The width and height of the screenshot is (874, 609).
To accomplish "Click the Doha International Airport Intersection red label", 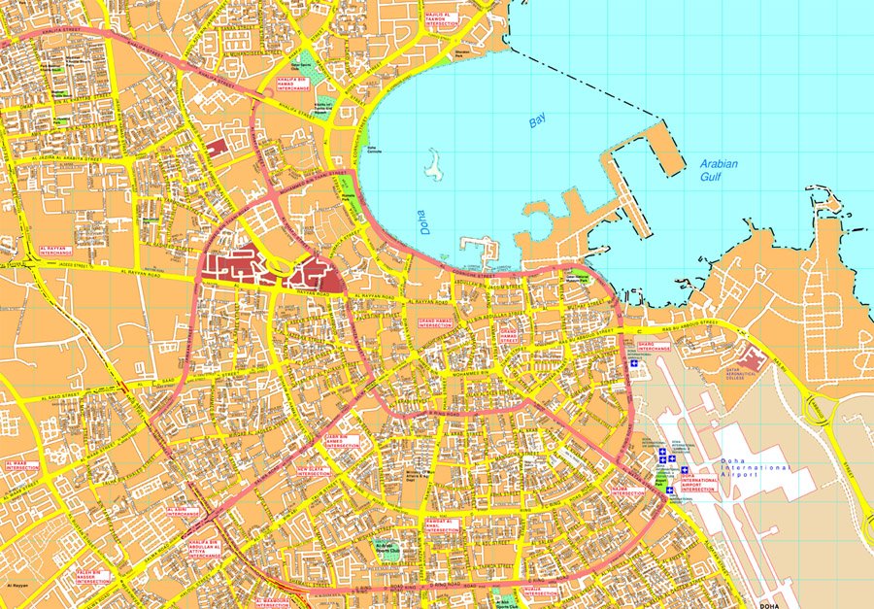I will [x=697, y=483].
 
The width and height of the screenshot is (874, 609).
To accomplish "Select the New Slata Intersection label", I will [x=314, y=471].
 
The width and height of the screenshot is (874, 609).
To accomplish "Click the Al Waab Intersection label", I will [x=21, y=465].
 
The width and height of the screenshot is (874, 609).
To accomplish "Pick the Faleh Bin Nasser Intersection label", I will [x=94, y=576].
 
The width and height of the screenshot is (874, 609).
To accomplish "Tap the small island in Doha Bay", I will [x=432, y=165].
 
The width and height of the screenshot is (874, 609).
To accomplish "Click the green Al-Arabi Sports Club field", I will [x=387, y=550].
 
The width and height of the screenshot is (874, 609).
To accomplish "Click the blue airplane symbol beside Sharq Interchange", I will [x=635, y=364].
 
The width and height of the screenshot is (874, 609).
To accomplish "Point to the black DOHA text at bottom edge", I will [x=769, y=605].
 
